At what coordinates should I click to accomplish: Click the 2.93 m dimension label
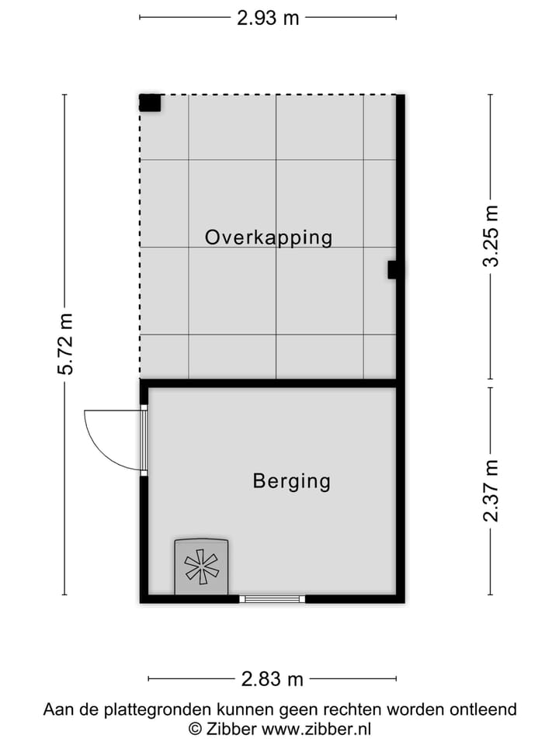pyautogui.click(x=268, y=18)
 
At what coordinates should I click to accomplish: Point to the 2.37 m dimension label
pyautogui.click(x=491, y=490)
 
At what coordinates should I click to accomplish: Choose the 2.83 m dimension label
pyautogui.click(x=272, y=679)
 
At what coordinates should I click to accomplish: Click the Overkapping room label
pyautogui.click(x=269, y=237)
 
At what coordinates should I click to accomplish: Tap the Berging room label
pyautogui.click(x=291, y=481)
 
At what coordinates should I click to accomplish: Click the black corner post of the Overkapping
pyautogui.click(x=150, y=102)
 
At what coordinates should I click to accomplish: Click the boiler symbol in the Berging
pyautogui.click(x=202, y=567)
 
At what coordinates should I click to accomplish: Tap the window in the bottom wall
pyautogui.click(x=272, y=598)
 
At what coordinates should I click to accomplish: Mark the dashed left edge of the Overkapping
pyautogui.click(x=141, y=248)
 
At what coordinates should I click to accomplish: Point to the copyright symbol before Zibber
pyautogui.click(x=196, y=729)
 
